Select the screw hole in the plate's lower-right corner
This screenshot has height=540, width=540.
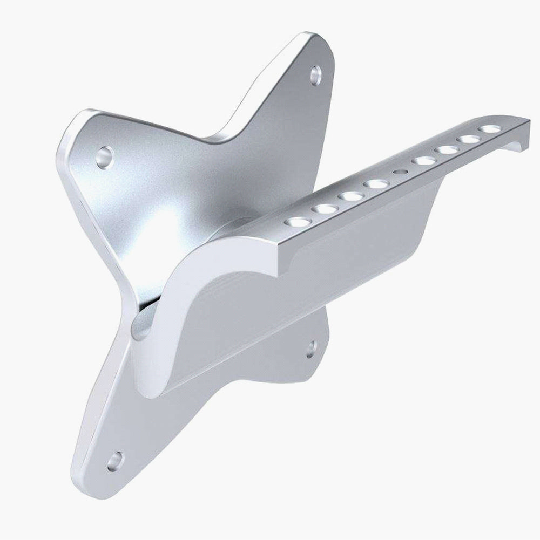pos(311,349)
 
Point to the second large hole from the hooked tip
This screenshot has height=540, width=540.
pos(469,139)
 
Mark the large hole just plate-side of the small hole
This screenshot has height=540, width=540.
pos(375,184)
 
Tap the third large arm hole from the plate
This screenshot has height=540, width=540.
pos(351,196)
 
